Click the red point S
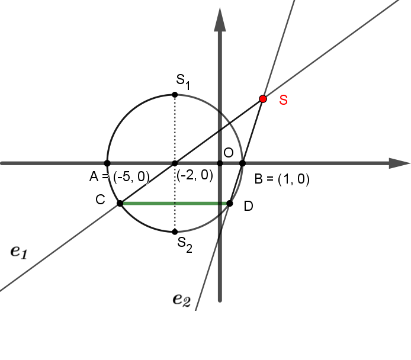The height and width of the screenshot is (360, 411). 263,99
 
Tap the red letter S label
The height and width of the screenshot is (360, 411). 283,100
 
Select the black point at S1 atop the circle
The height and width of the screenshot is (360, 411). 175,95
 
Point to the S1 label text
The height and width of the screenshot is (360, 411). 183,82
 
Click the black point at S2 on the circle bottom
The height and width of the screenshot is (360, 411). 175,232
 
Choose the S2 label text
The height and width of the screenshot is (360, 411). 185,245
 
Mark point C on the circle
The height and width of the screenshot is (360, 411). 120,203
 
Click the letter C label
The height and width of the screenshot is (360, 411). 101,200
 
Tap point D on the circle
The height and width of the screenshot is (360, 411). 229,203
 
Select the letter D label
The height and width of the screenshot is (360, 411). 249,206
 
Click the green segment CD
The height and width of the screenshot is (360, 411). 175,203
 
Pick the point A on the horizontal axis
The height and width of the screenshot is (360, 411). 107,163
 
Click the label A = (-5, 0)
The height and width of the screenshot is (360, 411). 120,176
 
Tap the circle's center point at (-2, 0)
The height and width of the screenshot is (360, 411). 175,163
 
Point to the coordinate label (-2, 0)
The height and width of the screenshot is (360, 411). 195,175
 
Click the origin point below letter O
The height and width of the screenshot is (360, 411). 220,163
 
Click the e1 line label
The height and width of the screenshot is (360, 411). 19,252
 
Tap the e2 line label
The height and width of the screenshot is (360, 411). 182,300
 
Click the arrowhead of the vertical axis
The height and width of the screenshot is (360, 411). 220,20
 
